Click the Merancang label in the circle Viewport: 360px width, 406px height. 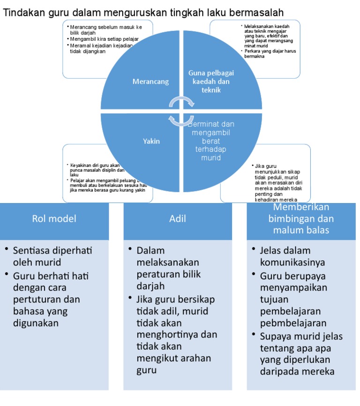pyautogui.click(x=144, y=82)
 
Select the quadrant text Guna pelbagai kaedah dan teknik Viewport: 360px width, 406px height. pyautogui.click(x=211, y=81)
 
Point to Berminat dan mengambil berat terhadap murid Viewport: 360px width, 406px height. pyautogui.click(x=211, y=141)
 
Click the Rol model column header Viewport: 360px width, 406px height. pyautogui.click(x=54, y=218)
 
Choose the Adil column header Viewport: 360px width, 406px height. pyautogui.click(x=178, y=218)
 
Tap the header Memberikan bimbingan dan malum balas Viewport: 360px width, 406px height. pyautogui.click(x=301, y=218)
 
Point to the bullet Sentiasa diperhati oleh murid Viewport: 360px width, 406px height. pyautogui.click(x=52, y=256)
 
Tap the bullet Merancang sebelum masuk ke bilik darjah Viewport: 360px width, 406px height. pyautogui.click(x=105, y=30)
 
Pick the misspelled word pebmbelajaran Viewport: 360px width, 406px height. pyautogui.click(x=293, y=323)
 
